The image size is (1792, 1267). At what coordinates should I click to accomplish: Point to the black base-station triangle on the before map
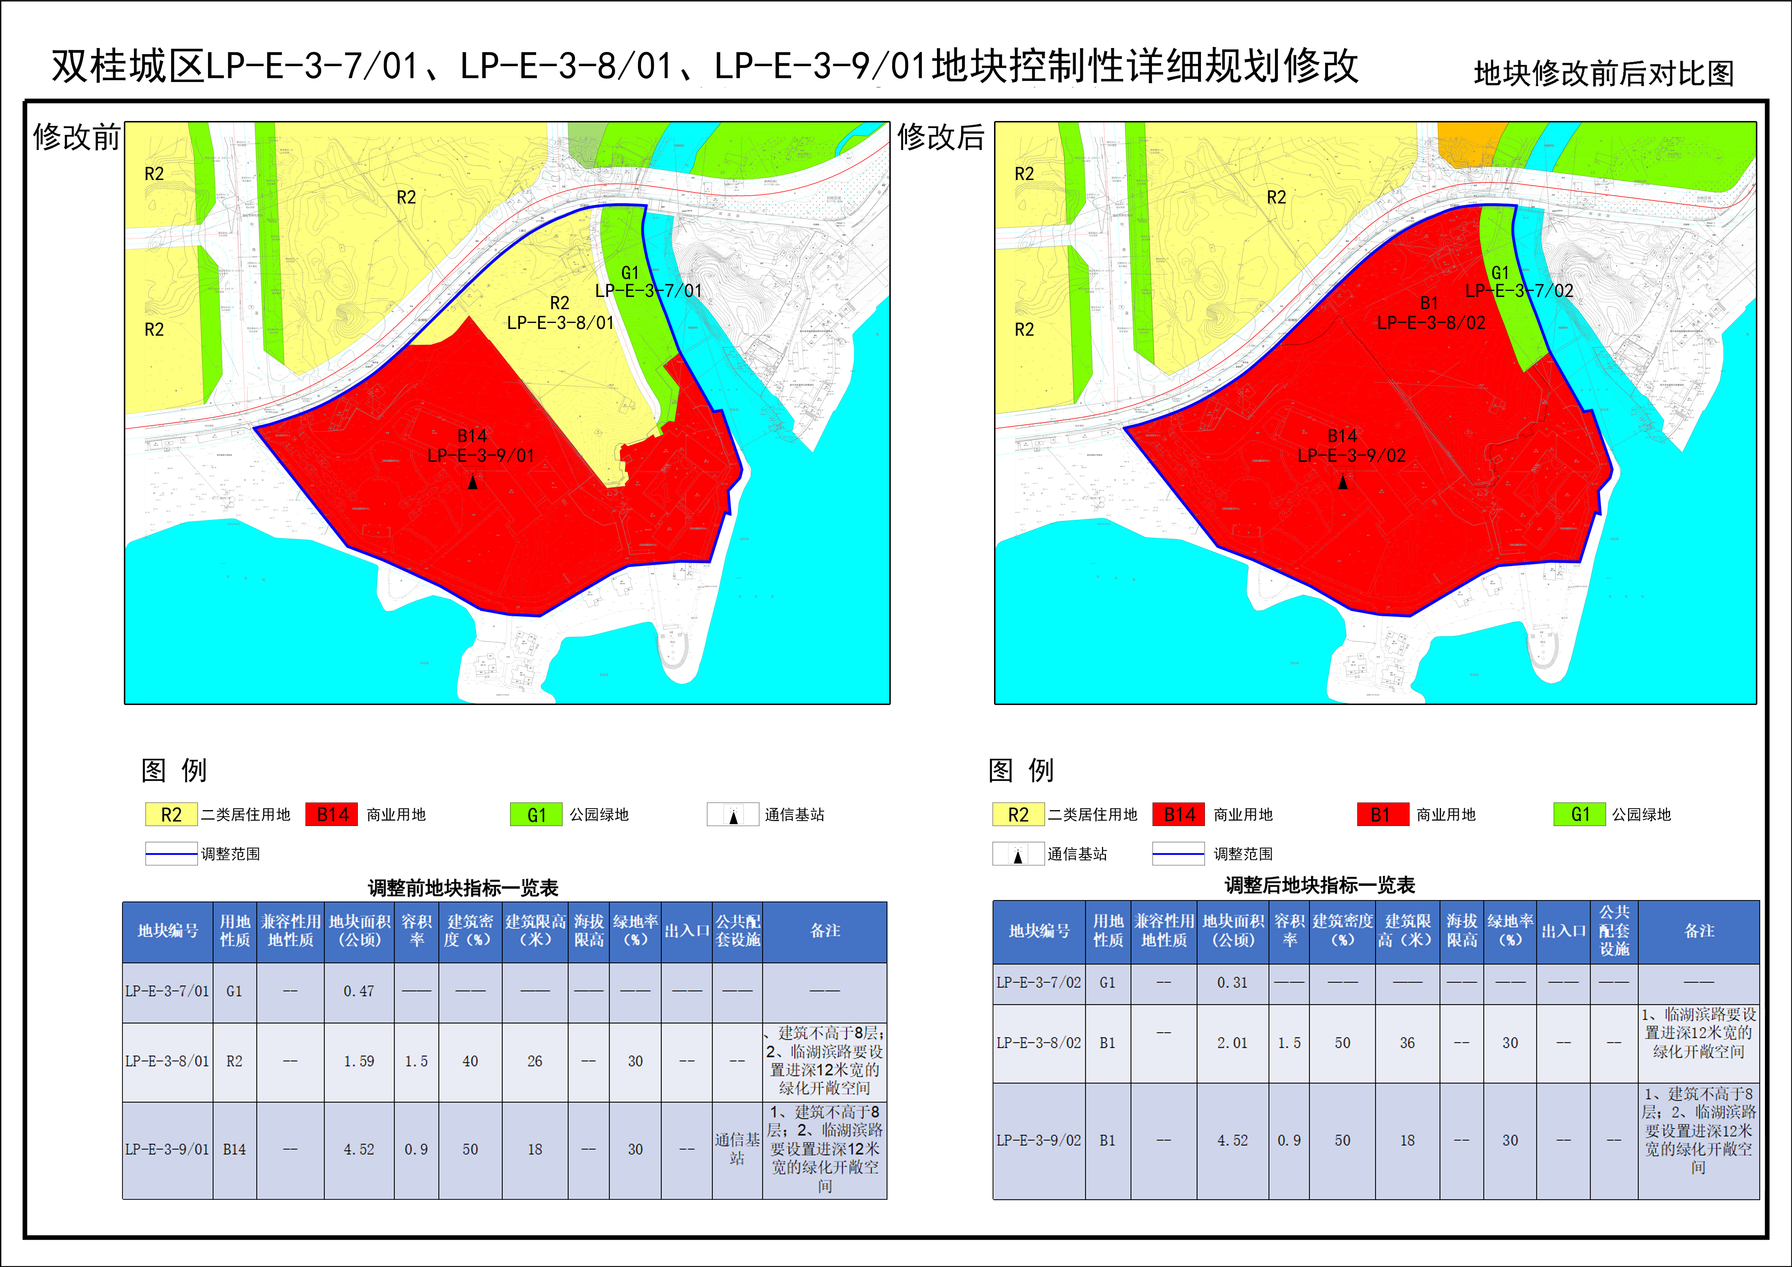click(472, 483)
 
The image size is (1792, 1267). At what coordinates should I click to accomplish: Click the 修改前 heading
click(77, 137)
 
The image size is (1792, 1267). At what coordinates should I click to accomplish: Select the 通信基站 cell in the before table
click(737, 1149)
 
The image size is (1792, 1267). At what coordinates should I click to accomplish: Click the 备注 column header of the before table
click(825, 930)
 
